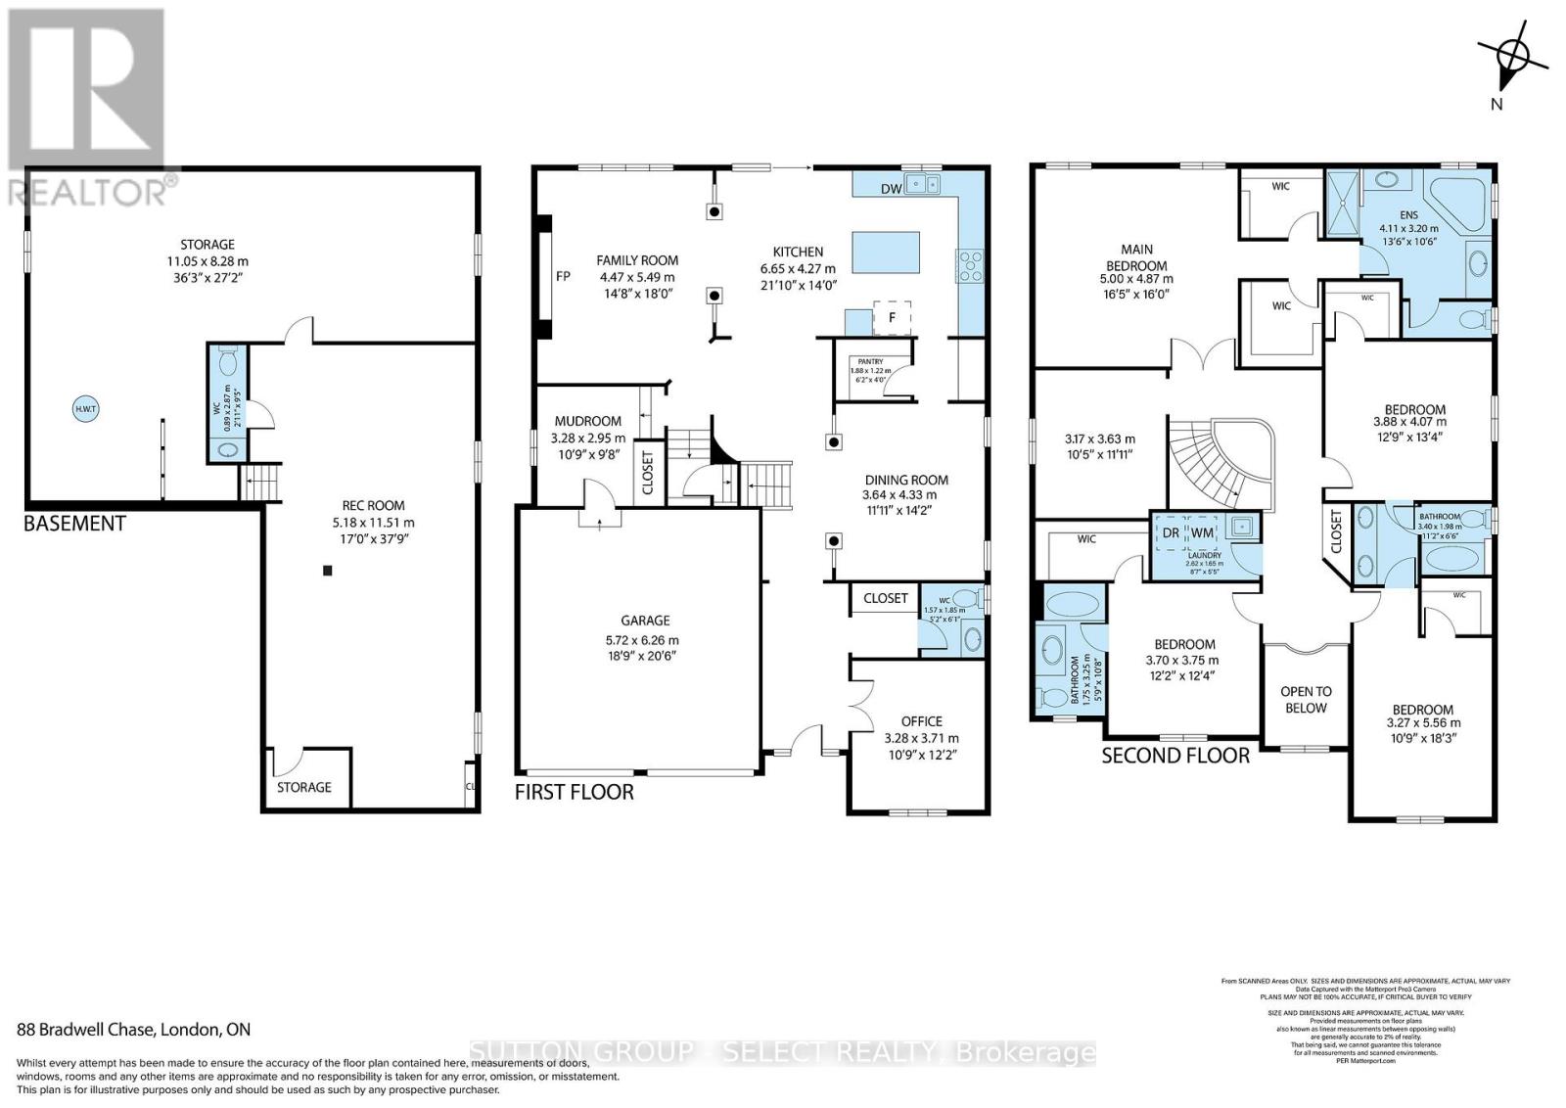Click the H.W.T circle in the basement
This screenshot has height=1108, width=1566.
84,408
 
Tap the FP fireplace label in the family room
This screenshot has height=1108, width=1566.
563,276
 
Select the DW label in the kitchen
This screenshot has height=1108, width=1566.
891,189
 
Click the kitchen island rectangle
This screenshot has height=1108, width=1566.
885,253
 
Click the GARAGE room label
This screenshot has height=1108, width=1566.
645,620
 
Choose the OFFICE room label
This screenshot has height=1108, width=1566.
921,721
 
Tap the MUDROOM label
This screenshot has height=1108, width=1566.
587,421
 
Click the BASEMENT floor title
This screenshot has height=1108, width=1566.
74,524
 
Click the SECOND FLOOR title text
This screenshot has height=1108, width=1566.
1175,756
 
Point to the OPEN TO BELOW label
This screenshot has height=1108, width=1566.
1306,699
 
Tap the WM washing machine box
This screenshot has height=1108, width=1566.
1202,532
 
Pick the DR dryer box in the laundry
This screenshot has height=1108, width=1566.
1171,532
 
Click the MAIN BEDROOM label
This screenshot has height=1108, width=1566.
1136,257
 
